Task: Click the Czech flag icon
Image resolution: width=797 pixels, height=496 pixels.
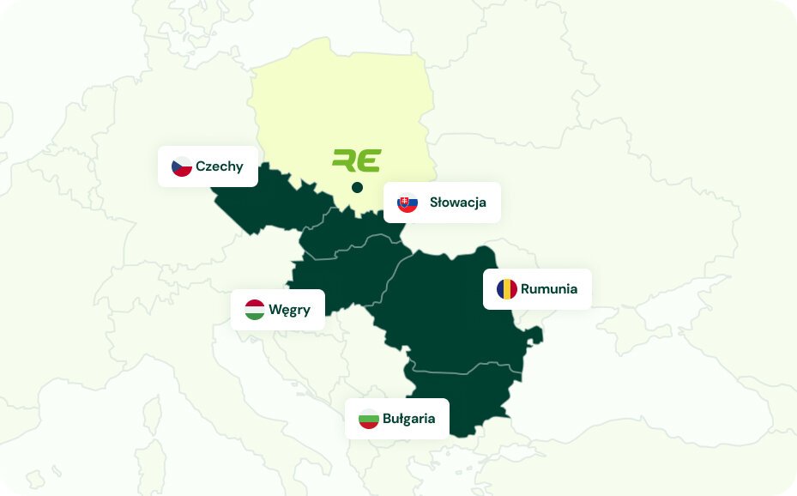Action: (x=182, y=166)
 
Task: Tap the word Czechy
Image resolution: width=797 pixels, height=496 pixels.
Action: (x=220, y=166)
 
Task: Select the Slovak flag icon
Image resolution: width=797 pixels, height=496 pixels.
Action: (x=408, y=203)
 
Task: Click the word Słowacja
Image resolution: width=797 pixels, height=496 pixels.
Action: (x=458, y=203)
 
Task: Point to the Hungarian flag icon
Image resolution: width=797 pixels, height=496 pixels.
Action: (x=255, y=310)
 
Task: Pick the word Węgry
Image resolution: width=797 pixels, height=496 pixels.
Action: (x=290, y=310)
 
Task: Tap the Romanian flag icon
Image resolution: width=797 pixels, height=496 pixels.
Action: (x=507, y=289)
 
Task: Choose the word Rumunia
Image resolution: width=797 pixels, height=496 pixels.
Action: (x=549, y=289)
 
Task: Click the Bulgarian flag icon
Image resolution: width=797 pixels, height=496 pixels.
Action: (x=369, y=420)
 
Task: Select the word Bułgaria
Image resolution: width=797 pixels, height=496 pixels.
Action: (x=409, y=420)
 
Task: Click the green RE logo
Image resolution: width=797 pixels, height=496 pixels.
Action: (x=357, y=160)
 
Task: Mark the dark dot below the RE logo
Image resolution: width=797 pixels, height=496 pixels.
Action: (x=357, y=187)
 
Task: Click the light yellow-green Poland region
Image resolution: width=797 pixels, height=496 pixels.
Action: (x=343, y=103)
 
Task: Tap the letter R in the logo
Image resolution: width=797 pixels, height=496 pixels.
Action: (x=345, y=160)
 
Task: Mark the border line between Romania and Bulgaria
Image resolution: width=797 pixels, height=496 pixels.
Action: (x=463, y=372)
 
